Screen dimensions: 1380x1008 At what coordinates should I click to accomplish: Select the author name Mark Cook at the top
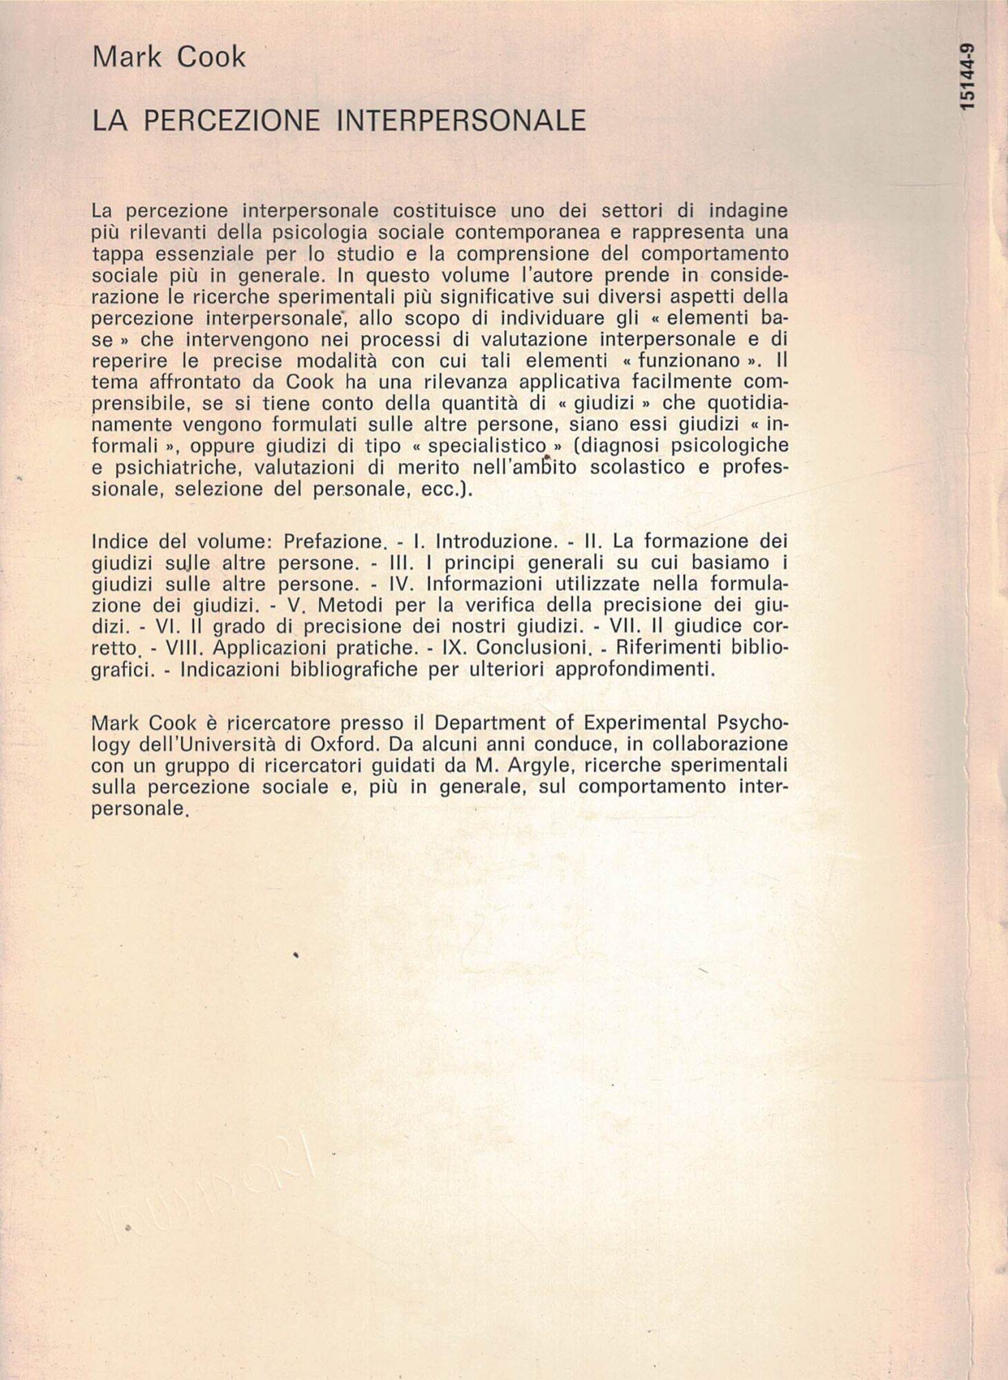pyautogui.click(x=168, y=57)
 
